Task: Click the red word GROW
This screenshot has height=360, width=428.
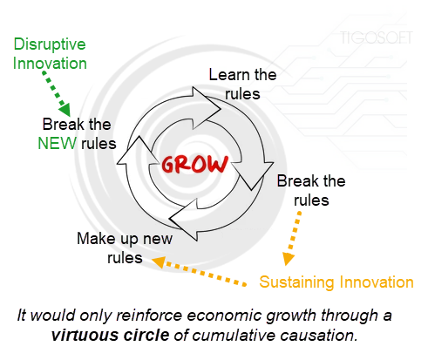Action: point(195,164)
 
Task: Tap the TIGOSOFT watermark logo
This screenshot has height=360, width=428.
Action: point(377,37)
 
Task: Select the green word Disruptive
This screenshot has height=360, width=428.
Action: point(50,44)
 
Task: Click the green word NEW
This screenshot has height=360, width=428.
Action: point(58,144)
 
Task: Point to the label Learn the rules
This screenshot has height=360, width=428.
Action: point(242,85)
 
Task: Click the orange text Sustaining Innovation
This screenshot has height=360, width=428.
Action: point(336,282)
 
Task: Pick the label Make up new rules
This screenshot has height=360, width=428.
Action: point(125,248)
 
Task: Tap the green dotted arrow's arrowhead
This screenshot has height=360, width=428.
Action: point(65,110)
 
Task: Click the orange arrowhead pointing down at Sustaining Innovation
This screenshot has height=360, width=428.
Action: point(289,259)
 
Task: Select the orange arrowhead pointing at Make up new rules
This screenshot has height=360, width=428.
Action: point(159,262)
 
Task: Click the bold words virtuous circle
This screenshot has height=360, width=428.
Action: point(111,336)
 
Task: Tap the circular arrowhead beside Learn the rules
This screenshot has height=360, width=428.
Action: point(207,108)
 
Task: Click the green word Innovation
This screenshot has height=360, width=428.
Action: point(50,64)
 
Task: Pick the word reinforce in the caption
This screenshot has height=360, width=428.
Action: point(149,316)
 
